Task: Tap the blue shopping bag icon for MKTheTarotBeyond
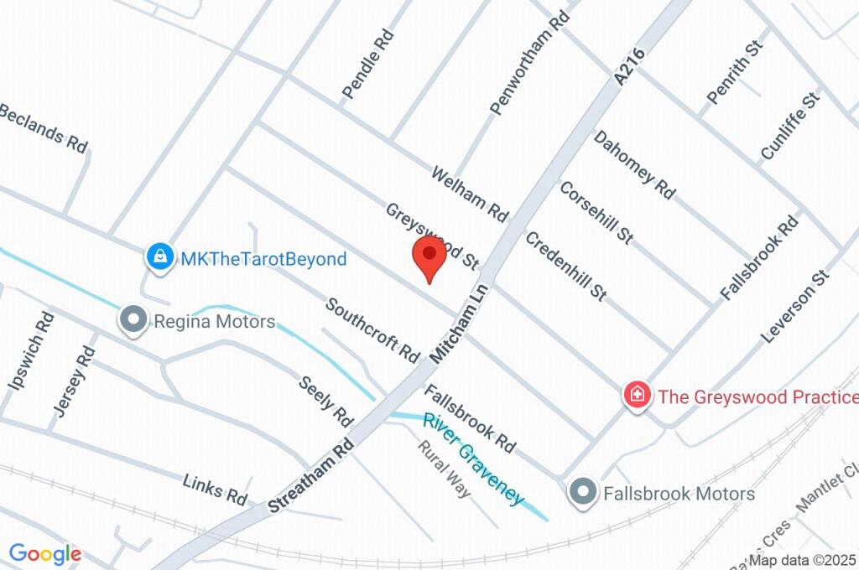[x=159, y=257]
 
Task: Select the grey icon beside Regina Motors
[x=133, y=320]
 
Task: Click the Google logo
[x=45, y=554]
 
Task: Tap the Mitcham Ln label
[x=459, y=321]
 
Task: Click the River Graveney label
[x=473, y=459]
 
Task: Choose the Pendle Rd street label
[x=369, y=65]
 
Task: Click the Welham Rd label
[x=470, y=194]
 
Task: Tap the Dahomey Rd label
[x=634, y=165]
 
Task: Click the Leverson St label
[x=794, y=306]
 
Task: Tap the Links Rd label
[x=215, y=489]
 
